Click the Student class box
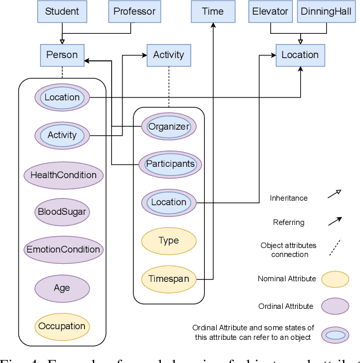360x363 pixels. [62, 11]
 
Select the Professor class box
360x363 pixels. [134, 11]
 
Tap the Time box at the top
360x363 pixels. [213, 11]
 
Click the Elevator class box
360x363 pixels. [271, 11]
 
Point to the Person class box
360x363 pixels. [62, 55]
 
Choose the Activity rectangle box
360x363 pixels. [169, 55]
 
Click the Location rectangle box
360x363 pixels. [300, 55]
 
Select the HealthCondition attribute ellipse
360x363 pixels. [63, 175]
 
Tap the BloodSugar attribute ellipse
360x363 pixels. [62, 213]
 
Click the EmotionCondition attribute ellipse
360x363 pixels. [63, 250]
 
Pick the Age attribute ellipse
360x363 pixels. [62, 288]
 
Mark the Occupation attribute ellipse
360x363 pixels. [62, 326]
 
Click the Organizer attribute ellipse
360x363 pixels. [169, 127]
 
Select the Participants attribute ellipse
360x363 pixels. [170, 165]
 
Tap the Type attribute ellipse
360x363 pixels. [169, 241]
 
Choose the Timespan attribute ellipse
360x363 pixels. [169, 279]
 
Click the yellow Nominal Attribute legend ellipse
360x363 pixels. [335, 279]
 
